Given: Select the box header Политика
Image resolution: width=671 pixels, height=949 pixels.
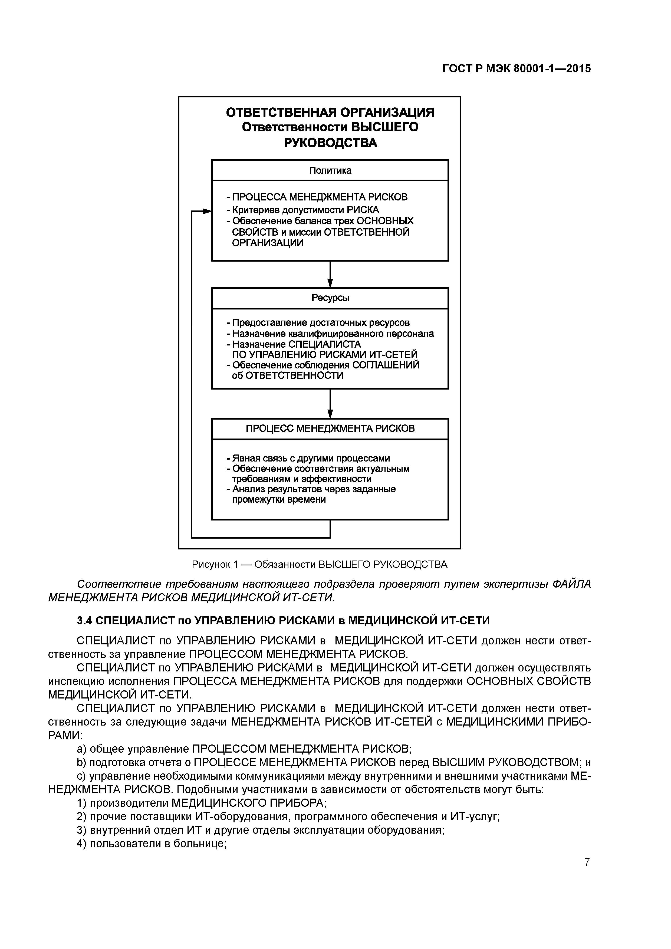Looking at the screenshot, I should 330,170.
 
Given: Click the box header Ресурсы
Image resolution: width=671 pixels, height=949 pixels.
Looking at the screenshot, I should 330,298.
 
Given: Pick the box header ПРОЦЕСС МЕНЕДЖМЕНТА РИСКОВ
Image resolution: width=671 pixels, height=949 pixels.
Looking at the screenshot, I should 330,429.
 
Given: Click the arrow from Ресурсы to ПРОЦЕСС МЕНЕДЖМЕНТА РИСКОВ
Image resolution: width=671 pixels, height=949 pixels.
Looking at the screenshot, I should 330,404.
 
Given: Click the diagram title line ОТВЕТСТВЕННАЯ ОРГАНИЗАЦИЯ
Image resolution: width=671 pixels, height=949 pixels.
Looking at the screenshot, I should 330,113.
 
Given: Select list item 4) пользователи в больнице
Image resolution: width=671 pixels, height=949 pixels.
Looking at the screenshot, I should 152,843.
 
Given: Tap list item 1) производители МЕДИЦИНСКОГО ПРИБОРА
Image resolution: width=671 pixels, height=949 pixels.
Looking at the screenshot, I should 202,803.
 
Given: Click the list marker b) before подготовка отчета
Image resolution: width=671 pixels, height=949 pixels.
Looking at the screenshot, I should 82,762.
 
